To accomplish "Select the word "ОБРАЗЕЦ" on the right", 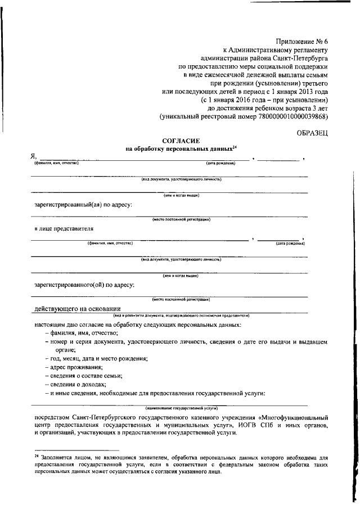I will click(x=312, y=132).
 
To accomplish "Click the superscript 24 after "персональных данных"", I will click(x=236, y=147).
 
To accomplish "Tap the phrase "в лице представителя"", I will click(x=63, y=229).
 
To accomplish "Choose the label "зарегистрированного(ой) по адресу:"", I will click(x=84, y=285).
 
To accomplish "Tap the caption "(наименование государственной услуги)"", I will click(x=181, y=406).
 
